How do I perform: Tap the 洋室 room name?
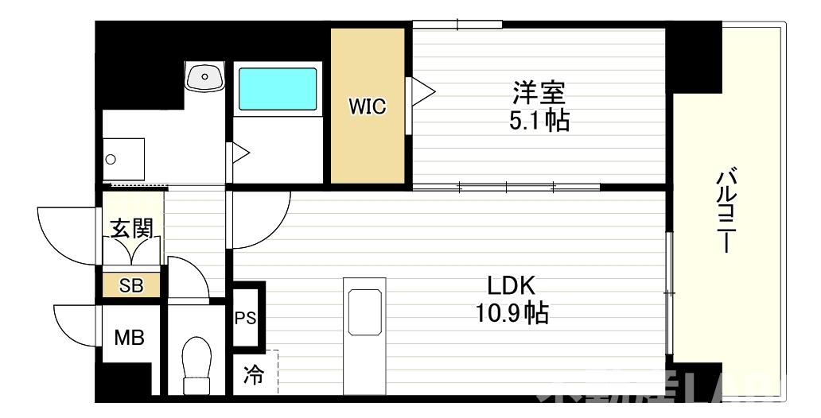[x=538, y=94]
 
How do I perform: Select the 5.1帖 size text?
[x=538, y=121]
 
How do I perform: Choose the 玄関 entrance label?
[x=131, y=230]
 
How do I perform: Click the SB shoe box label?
[x=131, y=285]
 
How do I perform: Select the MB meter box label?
[x=129, y=338]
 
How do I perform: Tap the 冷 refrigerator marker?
[x=253, y=373]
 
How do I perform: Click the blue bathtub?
[x=278, y=89]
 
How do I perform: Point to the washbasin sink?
[x=206, y=78]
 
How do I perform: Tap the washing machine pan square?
[x=124, y=159]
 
